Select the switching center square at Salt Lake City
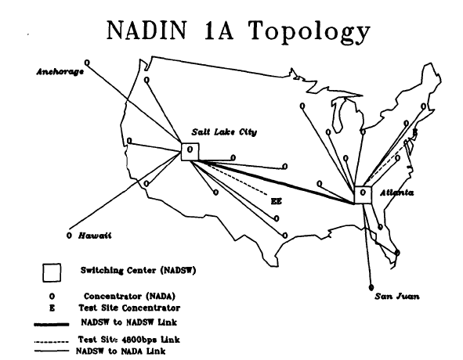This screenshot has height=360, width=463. [190, 150]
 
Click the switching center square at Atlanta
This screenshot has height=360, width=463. [363, 194]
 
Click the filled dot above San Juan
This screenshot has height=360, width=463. [371, 285]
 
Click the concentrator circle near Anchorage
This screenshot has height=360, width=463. [86, 61]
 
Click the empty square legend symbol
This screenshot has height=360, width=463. [52, 272]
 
